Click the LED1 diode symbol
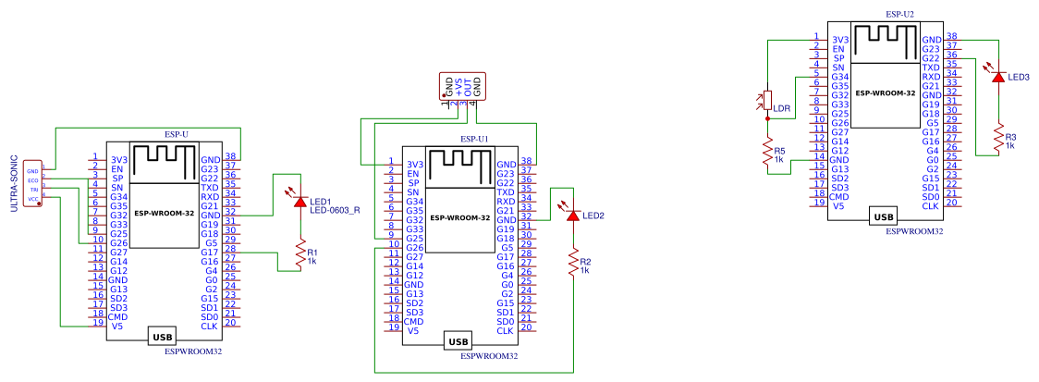(299, 200)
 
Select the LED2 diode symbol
(573, 215)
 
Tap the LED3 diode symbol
(997, 76)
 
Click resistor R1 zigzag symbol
(299, 253)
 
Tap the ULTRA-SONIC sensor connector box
(33, 183)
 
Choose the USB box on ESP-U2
(884, 217)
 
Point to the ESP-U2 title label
(899, 15)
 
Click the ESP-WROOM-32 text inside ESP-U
(163, 213)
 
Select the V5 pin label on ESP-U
(117, 327)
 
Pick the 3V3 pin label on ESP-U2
(839, 40)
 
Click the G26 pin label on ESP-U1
(414, 248)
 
